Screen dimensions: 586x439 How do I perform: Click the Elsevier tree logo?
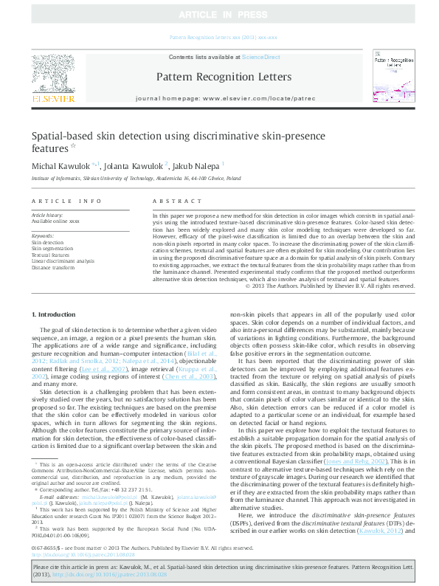(52, 71)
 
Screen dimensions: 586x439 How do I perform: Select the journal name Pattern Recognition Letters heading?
(219, 76)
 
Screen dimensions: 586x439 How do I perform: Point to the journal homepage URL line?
(219, 98)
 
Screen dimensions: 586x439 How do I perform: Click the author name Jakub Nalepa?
(199, 165)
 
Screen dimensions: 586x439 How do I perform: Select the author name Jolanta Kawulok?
(139, 165)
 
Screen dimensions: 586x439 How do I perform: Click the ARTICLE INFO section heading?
(66, 201)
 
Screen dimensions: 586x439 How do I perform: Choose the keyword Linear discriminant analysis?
(63, 261)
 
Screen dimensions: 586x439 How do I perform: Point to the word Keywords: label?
(44, 235)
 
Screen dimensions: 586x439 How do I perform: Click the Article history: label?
(48, 214)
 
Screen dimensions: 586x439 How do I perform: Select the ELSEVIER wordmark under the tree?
(52, 98)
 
